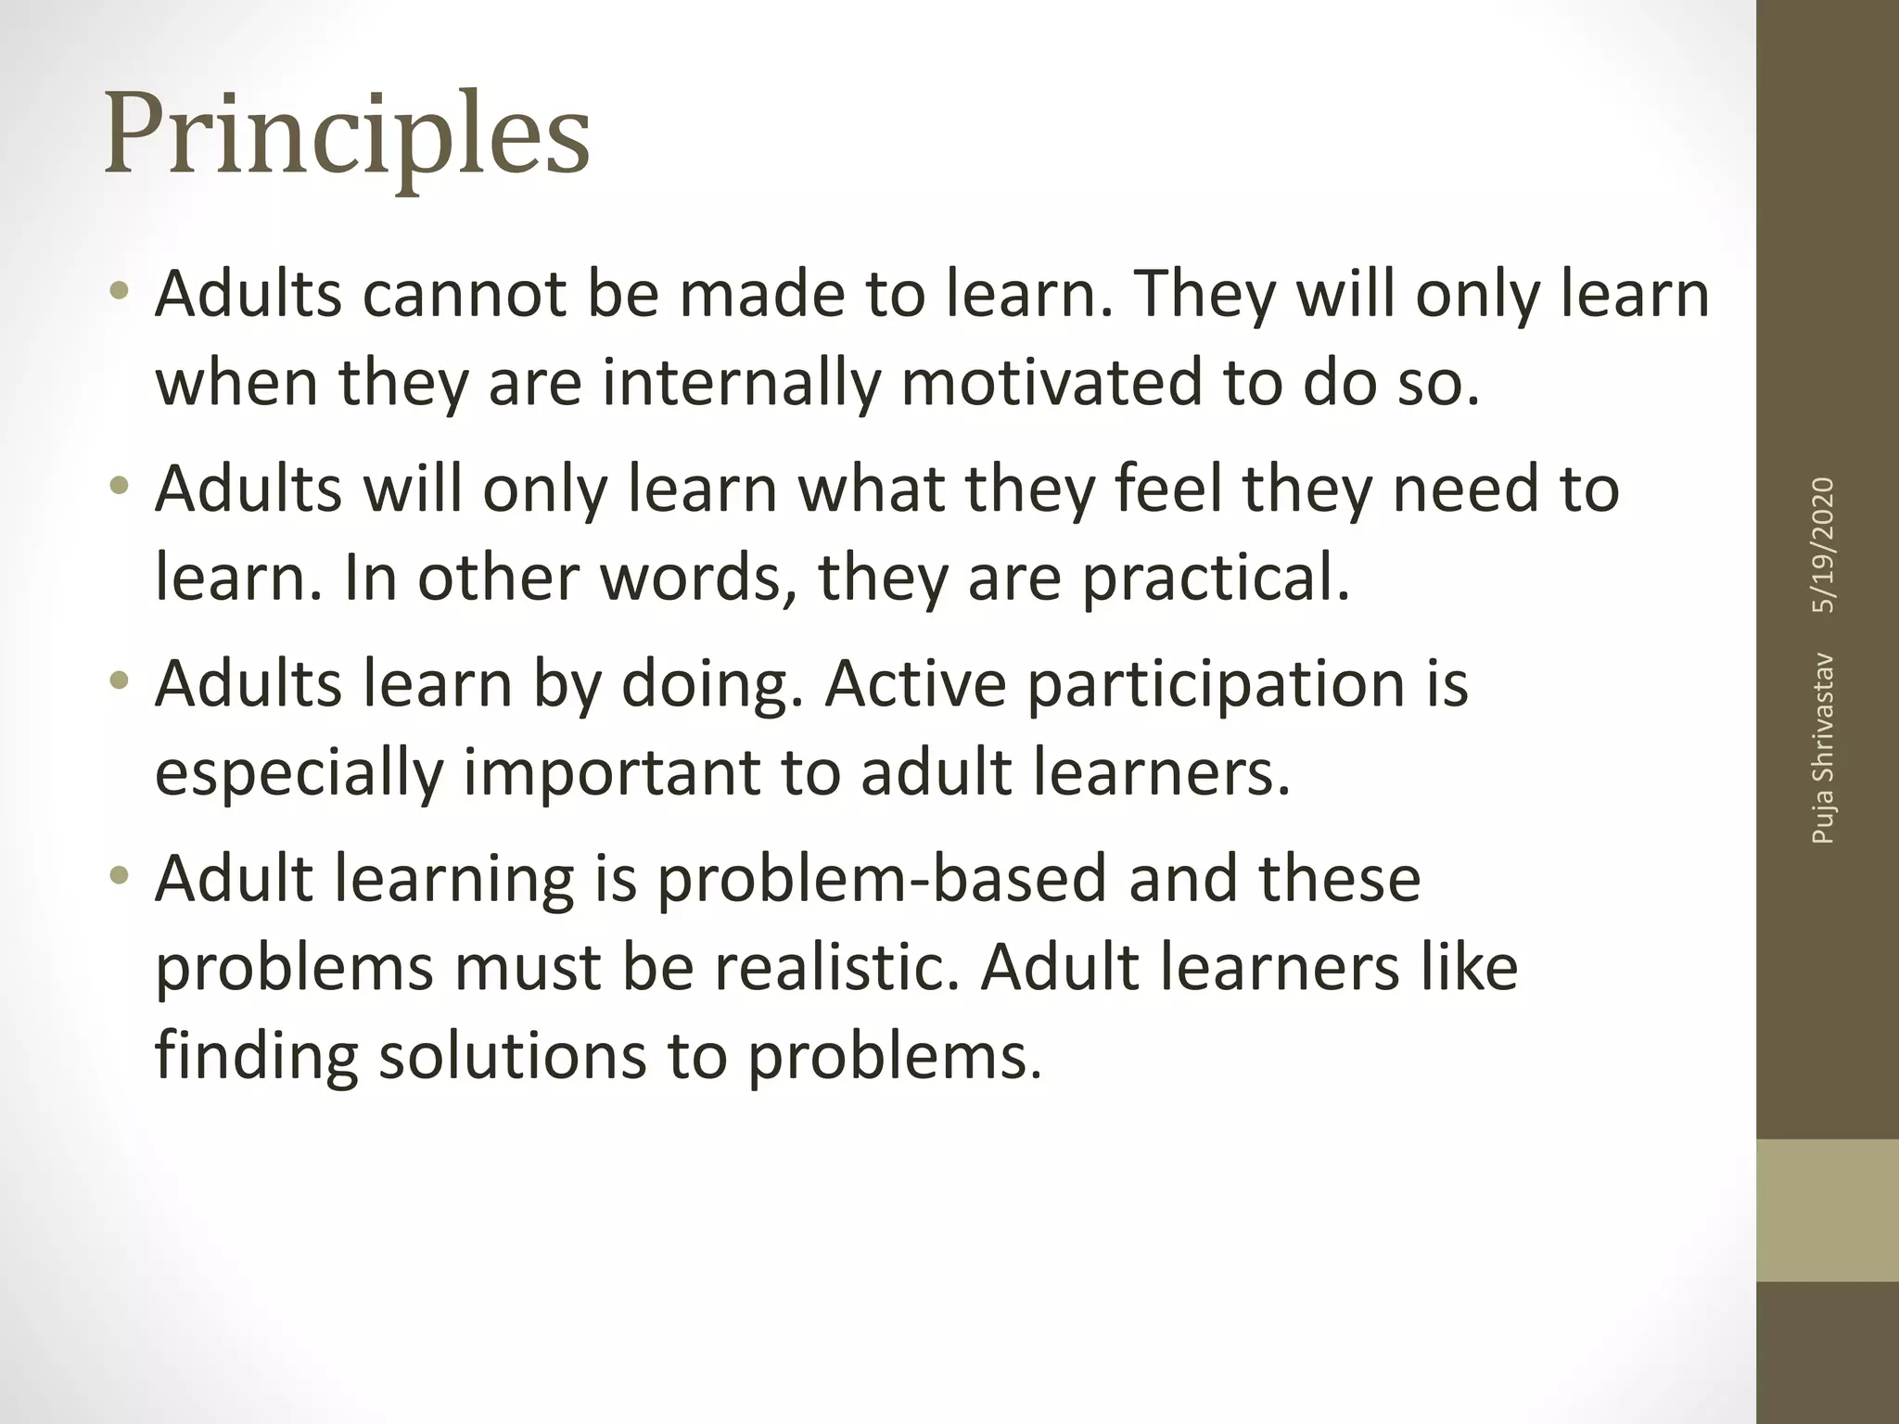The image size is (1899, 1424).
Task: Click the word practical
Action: click(1216, 577)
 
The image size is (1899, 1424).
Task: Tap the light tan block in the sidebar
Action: click(1827, 1210)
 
